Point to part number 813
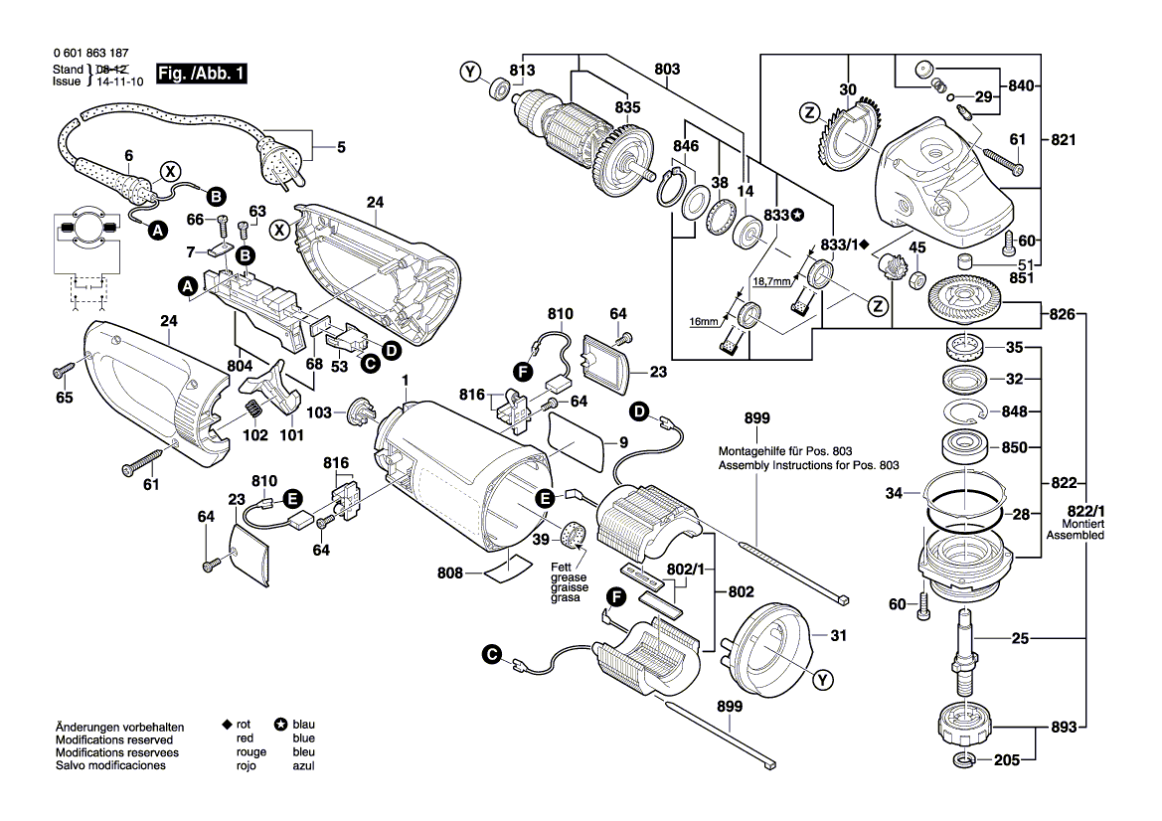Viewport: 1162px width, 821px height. [x=522, y=70]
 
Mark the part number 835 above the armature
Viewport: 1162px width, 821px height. [x=627, y=107]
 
